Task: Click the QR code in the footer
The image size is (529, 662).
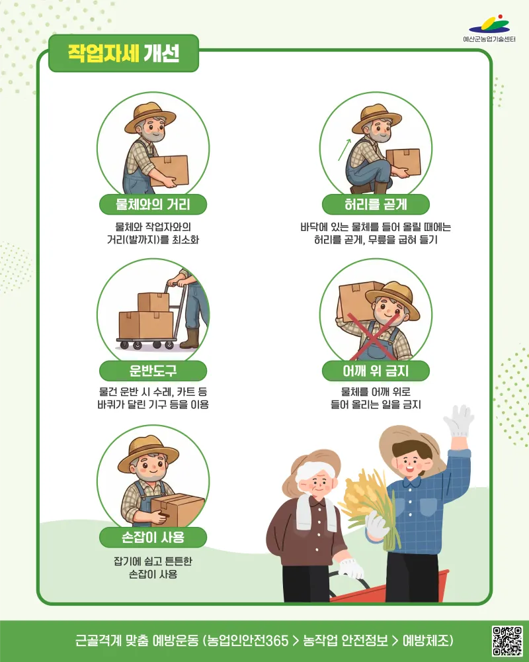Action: (x=507, y=641)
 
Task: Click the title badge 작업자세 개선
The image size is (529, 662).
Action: (x=124, y=53)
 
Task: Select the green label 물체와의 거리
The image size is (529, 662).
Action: (x=153, y=205)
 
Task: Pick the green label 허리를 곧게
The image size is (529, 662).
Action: (x=376, y=205)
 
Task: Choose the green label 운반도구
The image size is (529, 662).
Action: (x=153, y=371)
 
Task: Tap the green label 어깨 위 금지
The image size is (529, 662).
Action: (x=376, y=371)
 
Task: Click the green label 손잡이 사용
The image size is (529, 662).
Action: (x=153, y=538)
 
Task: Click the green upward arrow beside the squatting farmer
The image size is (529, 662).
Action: (x=345, y=150)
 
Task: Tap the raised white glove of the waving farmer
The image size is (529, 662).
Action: (x=458, y=421)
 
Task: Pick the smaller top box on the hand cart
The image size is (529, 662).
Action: (x=153, y=302)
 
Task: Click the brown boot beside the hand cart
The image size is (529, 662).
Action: (x=190, y=338)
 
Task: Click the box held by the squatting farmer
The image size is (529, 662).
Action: (x=404, y=162)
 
